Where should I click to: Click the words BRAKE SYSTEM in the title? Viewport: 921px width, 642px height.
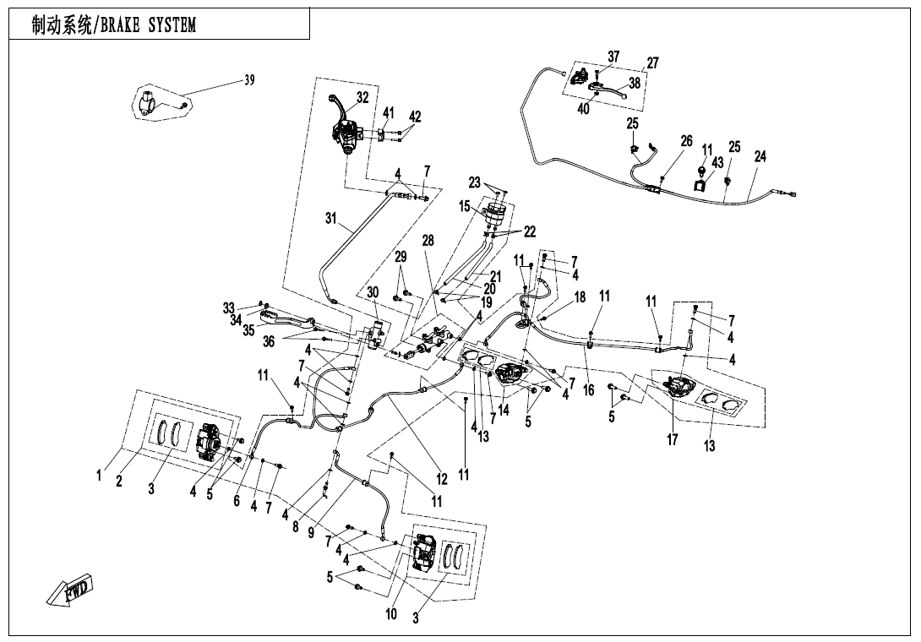point(148,25)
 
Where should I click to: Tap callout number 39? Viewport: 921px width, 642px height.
point(249,80)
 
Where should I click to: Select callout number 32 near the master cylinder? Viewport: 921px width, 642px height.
point(362,97)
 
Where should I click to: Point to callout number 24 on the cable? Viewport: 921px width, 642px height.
point(760,156)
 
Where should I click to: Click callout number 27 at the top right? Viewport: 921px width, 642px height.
point(652,63)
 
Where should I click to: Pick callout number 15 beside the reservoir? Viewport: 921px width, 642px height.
point(465,205)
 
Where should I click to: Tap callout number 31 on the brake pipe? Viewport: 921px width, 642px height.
point(331,218)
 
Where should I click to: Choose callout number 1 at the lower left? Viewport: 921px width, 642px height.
point(100,476)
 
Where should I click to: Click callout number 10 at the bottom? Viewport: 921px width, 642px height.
point(391,614)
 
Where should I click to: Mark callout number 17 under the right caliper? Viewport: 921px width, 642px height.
point(673,439)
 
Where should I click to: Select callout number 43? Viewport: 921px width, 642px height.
point(717,162)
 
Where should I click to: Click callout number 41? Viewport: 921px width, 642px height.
point(388,113)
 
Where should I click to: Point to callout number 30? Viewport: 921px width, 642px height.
point(373,291)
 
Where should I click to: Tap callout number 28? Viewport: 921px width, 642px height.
point(428,241)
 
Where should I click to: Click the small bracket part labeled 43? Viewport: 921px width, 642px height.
point(701,178)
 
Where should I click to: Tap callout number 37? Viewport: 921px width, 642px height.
point(613,57)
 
